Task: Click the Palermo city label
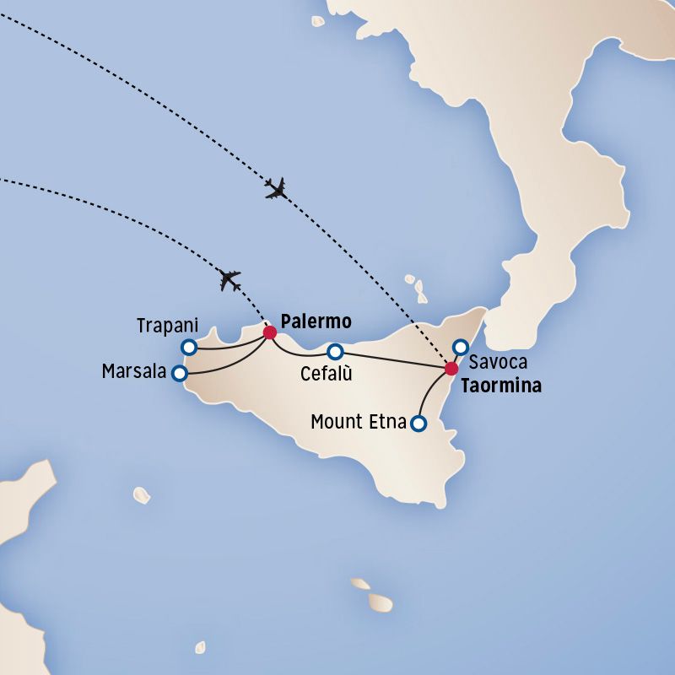click(x=315, y=322)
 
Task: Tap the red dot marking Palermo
click(x=270, y=332)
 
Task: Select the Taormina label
click(x=501, y=387)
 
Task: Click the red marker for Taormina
click(x=451, y=368)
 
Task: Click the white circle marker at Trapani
click(x=189, y=347)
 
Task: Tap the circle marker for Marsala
click(x=179, y=373)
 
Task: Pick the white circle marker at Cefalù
click(x=335, y=351)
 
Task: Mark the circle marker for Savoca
click(x=461, y=346)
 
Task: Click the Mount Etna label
click(x=359, y=421)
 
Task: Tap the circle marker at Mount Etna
click(x=417, y=424)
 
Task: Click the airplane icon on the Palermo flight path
click(x=229, y=279)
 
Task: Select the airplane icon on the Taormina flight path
click(x=276, y=188)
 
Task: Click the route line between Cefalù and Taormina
click(x=392, y=359)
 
